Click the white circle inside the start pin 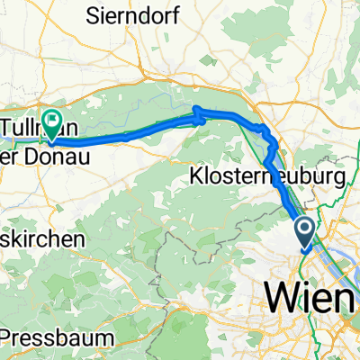(305, 229)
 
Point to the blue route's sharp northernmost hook (194, 112)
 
